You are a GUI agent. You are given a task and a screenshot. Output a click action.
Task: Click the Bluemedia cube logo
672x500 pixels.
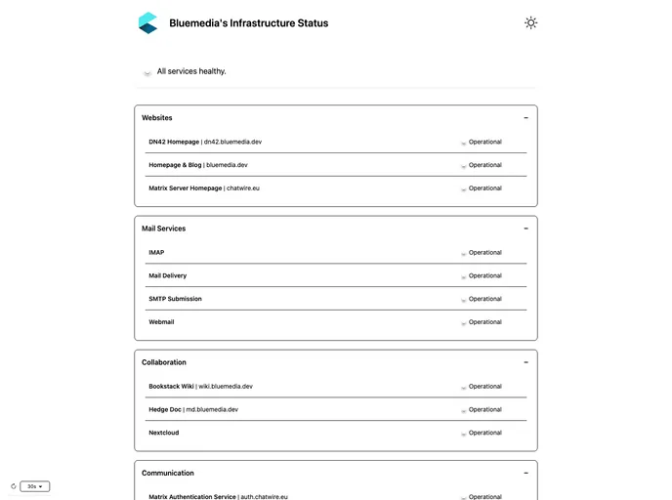tap(147, 22)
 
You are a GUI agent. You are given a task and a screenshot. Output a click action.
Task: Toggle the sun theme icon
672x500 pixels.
tap(530, 22)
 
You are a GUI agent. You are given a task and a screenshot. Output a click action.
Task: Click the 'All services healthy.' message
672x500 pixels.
tap(191, 71)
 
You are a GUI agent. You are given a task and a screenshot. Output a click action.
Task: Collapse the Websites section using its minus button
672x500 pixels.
tap(525, 118)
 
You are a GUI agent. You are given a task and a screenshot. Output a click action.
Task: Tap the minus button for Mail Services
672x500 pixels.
tap(525, 229)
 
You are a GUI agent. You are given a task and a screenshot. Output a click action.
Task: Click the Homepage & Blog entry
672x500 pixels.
tap(198, 165)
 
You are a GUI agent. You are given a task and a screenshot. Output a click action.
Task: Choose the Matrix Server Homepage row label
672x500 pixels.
tap(204, 188)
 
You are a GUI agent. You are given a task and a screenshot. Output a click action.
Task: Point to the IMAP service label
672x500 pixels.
tap(156, 253)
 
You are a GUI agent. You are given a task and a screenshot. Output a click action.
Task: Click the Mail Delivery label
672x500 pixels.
tap(168, 275)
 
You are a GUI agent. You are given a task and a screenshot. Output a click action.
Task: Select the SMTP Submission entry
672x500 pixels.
tap(176, 299)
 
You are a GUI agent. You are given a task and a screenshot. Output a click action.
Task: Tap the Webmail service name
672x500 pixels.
tap(161, 322)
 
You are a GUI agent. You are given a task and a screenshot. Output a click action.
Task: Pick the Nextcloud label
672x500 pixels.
tap(164, 433)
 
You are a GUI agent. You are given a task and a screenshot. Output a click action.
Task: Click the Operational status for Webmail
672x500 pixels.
tap(484, 322)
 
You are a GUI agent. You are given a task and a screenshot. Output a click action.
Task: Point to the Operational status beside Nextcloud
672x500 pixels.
tap(484, 433)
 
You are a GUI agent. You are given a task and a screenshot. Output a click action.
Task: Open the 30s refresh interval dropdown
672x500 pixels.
tap(34, 486)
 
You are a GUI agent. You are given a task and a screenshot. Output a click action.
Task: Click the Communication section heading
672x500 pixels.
tap(168, 474)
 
